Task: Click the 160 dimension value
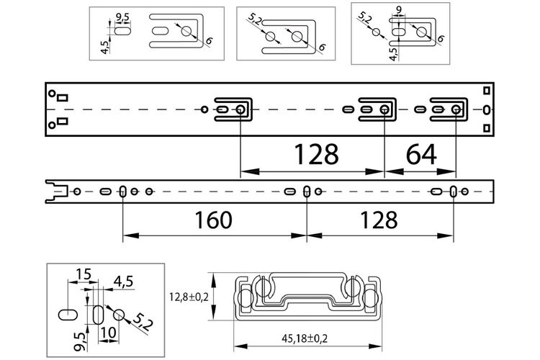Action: click(213, 220)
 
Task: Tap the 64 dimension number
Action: click(421, 154)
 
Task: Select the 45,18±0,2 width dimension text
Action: click(305, 338)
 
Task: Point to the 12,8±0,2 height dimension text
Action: click(189, 297)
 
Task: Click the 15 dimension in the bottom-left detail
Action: click(84, 274)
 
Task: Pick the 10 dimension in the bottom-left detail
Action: click(109, 333)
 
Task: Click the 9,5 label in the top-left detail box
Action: click(123, 17)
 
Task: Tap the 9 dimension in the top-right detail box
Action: click(399, 10)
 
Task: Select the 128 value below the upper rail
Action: click(316, 154)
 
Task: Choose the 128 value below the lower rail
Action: click(379, 220)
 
